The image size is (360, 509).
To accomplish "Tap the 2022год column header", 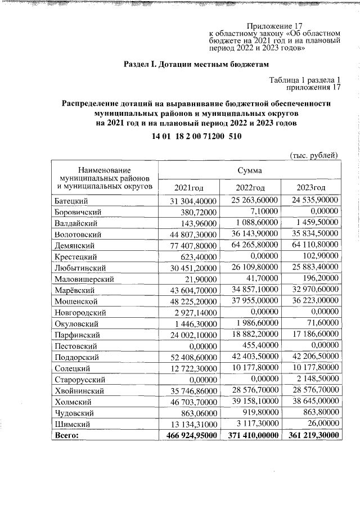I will pos(250,187).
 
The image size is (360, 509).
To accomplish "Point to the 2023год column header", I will pos(311,187).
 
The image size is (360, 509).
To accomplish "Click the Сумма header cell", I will pos(249,169).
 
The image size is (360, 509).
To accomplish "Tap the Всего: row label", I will pos(65,435).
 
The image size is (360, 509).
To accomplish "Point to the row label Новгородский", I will pos(79,313).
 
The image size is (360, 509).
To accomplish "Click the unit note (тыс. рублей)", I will pos(314,155).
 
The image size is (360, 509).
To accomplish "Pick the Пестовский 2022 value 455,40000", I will pos(259,345).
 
